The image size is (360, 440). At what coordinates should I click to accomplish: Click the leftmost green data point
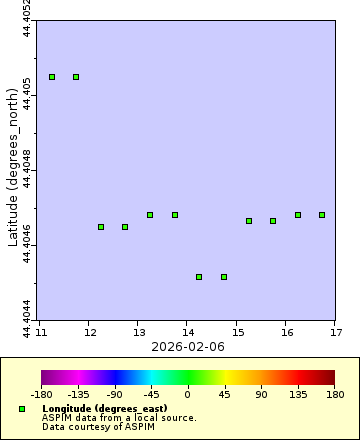(x=52, y=77)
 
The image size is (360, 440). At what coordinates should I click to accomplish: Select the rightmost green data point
(x=322, y=215)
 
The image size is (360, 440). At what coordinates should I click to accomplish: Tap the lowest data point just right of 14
(x=199, y=277)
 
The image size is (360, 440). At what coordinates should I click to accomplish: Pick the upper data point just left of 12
(x=76, y=77)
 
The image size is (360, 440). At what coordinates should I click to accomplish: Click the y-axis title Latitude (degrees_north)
(x=12, y=170)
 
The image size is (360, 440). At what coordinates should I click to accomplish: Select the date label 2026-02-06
(x=187, y=346)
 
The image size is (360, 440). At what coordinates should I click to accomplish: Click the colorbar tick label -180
(x=41, y=394)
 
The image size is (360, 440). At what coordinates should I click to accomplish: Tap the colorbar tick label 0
(x=187, y=394)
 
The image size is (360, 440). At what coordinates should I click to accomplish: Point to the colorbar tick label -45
(x=151, y=394)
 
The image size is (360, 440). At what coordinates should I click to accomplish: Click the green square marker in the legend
(x=22, y=409)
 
